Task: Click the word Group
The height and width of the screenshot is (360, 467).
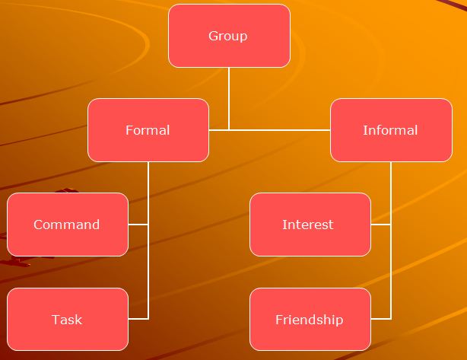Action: (228, 36)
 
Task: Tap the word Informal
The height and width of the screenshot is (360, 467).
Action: (390, 130)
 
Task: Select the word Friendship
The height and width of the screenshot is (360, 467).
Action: (309, 320)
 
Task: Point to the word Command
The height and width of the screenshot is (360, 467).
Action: (67, 225)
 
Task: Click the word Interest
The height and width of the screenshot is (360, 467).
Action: (308, 225)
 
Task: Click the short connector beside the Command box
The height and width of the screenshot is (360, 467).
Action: (138, 225)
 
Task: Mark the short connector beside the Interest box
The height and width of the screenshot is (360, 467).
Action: (380, 225)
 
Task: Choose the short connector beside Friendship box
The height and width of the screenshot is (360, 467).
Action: (380, 319)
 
